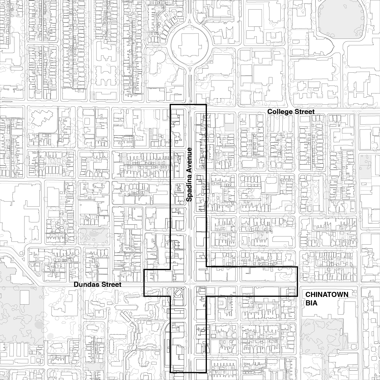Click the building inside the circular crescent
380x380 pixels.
point(190,45)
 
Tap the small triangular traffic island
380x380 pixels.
point(24,259)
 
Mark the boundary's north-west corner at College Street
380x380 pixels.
point(170,104)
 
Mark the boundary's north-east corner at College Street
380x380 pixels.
point(206,104)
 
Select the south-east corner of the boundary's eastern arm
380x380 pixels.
point(297,296)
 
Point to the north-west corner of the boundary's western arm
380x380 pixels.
point(144,270)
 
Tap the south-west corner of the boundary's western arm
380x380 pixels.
point(144,296)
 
